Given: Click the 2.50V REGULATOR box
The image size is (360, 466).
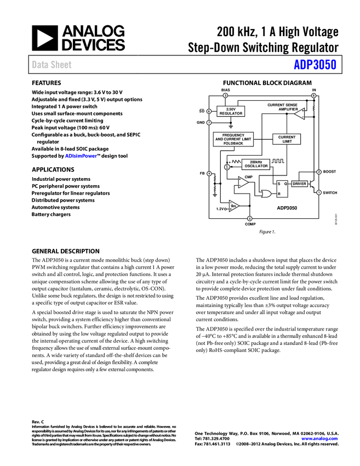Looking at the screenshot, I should point(231,111).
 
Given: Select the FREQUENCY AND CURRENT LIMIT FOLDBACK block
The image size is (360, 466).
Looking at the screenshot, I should point(232,139).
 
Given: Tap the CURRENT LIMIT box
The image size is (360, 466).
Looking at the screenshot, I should point(287,139).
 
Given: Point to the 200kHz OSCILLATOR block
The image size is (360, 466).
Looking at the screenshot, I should point(256,164).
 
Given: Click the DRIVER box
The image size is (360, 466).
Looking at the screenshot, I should point(299,184).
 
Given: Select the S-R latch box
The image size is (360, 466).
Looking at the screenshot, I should point(282,189).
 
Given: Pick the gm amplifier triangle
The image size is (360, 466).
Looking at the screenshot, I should point(233,206).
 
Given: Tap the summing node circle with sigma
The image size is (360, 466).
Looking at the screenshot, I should point(227,167).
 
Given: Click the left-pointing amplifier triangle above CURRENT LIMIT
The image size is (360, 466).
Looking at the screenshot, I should point(300,113).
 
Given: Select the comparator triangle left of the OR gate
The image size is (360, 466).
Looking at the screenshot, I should point(243,182).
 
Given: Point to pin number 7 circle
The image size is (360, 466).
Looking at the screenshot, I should point(209,123).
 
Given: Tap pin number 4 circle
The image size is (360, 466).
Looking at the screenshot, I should point(209,174).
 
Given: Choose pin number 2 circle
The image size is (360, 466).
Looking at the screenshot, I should point(319,172).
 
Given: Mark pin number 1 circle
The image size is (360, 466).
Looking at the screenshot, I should point(319,192).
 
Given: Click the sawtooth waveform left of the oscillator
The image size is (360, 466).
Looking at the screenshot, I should point(236,162).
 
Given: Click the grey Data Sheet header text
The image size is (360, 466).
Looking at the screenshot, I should point(52,65).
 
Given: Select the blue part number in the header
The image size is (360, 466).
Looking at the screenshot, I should point(315,65).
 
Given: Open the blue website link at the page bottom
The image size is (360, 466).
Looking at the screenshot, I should point(320,439).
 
